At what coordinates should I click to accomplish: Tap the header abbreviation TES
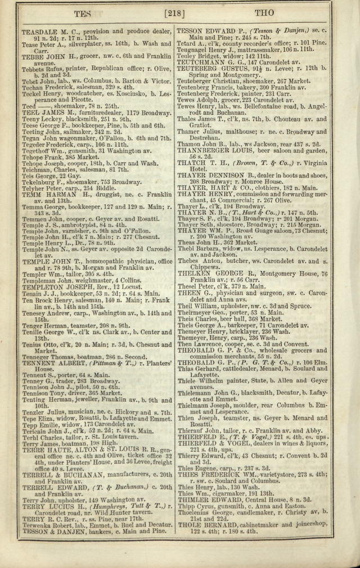point(84,13)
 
